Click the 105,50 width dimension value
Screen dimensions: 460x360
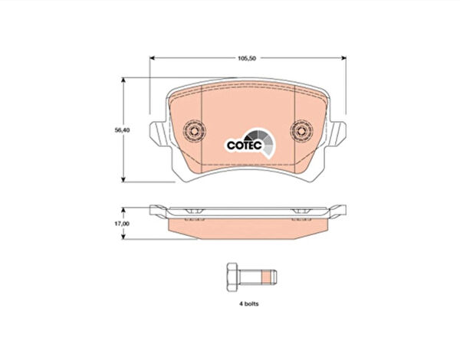[x=247, y=58]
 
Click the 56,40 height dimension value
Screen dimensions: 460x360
[x=123, y=130]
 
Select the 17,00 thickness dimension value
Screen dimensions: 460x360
[x=122, y=224]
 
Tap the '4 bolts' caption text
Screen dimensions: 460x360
[x=248, y=304]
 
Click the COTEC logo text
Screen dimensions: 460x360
[x=245, y=145]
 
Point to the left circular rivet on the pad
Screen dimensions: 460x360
[x=194, y=130]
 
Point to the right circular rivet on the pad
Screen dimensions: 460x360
[x=301, y=130]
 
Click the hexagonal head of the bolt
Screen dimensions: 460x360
[x=233, y=277]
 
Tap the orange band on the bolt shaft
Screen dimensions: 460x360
[x=265, y=277]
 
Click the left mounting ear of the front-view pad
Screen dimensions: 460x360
[x=159, y=134]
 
